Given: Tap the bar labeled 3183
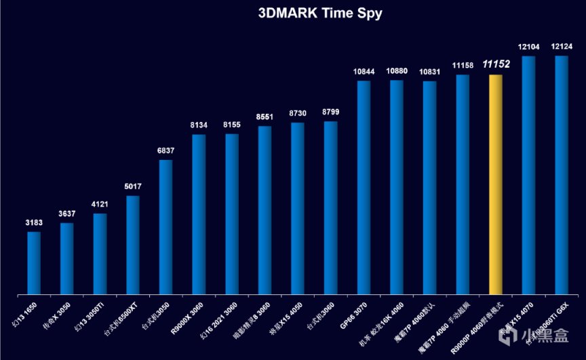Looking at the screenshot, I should coord(34,263).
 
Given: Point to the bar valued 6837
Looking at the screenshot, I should coord(165,227).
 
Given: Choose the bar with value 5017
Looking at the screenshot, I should coord(133,245).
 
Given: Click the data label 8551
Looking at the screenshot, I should coord(265,117).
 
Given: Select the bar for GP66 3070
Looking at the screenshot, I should coord(364,187).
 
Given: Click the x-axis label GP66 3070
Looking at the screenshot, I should coord(351,316).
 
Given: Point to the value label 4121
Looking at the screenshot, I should coord(100,205).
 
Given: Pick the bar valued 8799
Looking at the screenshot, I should coord(330,207).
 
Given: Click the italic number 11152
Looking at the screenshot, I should coord(496,64).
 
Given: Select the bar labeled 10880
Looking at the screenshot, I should coord(397,187).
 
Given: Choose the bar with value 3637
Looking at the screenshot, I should coord(66,258).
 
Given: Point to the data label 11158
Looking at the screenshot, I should coord(463,65).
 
